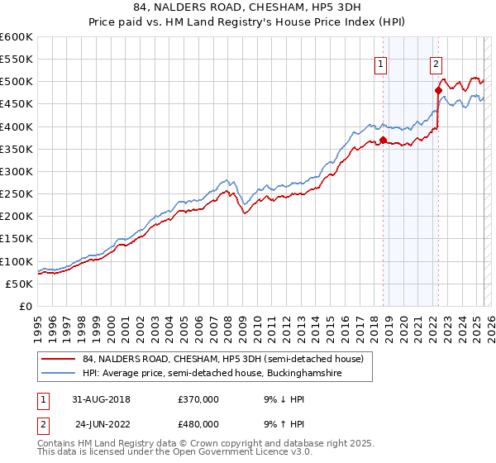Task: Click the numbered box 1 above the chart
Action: [x=380, y=65]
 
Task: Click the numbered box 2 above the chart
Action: [x=436, y=65]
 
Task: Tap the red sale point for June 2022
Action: [x=438, y=90]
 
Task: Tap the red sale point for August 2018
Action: [x=383, y=140]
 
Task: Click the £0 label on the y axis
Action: [x=26, y=307]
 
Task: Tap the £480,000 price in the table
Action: [x=198, y=423]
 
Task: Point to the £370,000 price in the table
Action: [x=198, y=399]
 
